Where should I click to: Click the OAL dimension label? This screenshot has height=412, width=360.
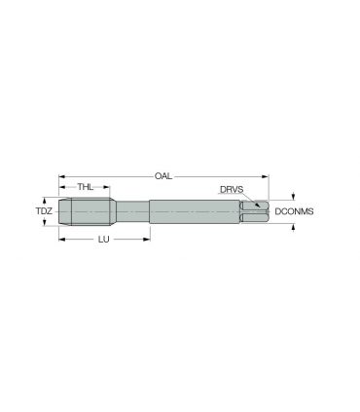[163, 176]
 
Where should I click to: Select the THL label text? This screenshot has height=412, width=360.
[86, 187]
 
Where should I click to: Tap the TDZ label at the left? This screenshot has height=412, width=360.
[44, 211]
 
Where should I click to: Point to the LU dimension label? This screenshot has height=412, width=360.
[104, 240]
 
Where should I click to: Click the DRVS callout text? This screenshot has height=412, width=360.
[232, 189]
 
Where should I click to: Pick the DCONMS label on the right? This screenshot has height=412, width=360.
[294, 211]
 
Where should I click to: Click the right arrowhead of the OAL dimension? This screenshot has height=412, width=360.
[266, 176]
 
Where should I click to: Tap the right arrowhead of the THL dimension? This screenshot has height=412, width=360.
[106, 187]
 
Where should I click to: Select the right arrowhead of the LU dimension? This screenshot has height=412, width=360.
[147, 240]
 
